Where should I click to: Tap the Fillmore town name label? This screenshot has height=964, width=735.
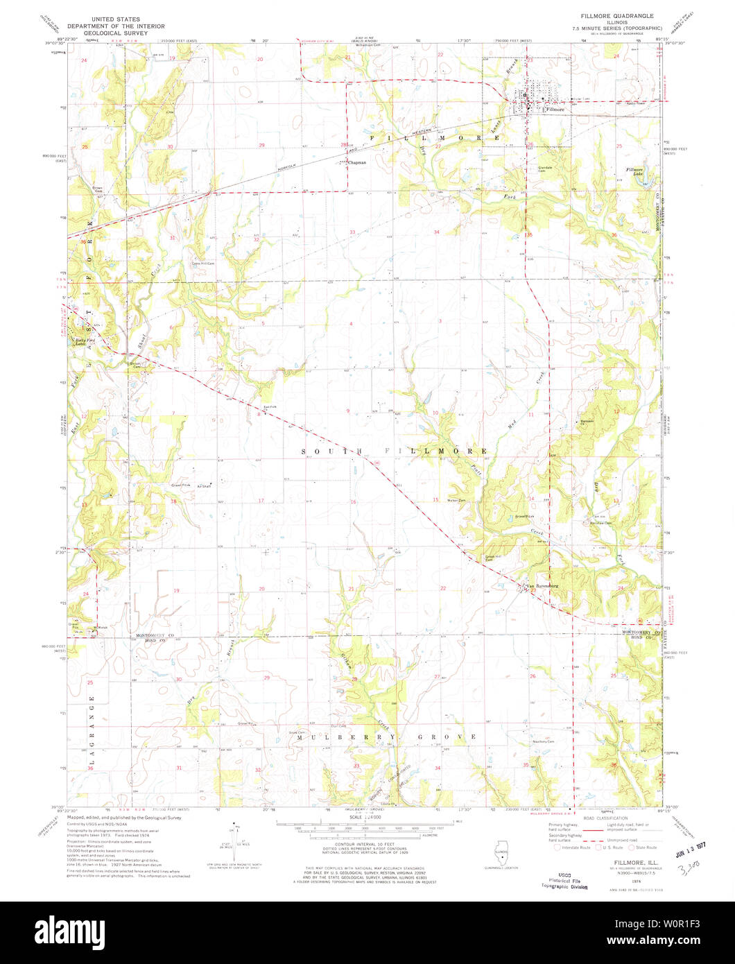pyautogui.click(x=555, y=110)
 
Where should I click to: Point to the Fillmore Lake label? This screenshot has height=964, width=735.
pyautogui.click(x=635, y=172)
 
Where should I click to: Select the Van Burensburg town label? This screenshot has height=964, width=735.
pyautogui.click(x=542, y=586)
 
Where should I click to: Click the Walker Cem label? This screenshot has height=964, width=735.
pyautogui.click(x=456, y=501)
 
